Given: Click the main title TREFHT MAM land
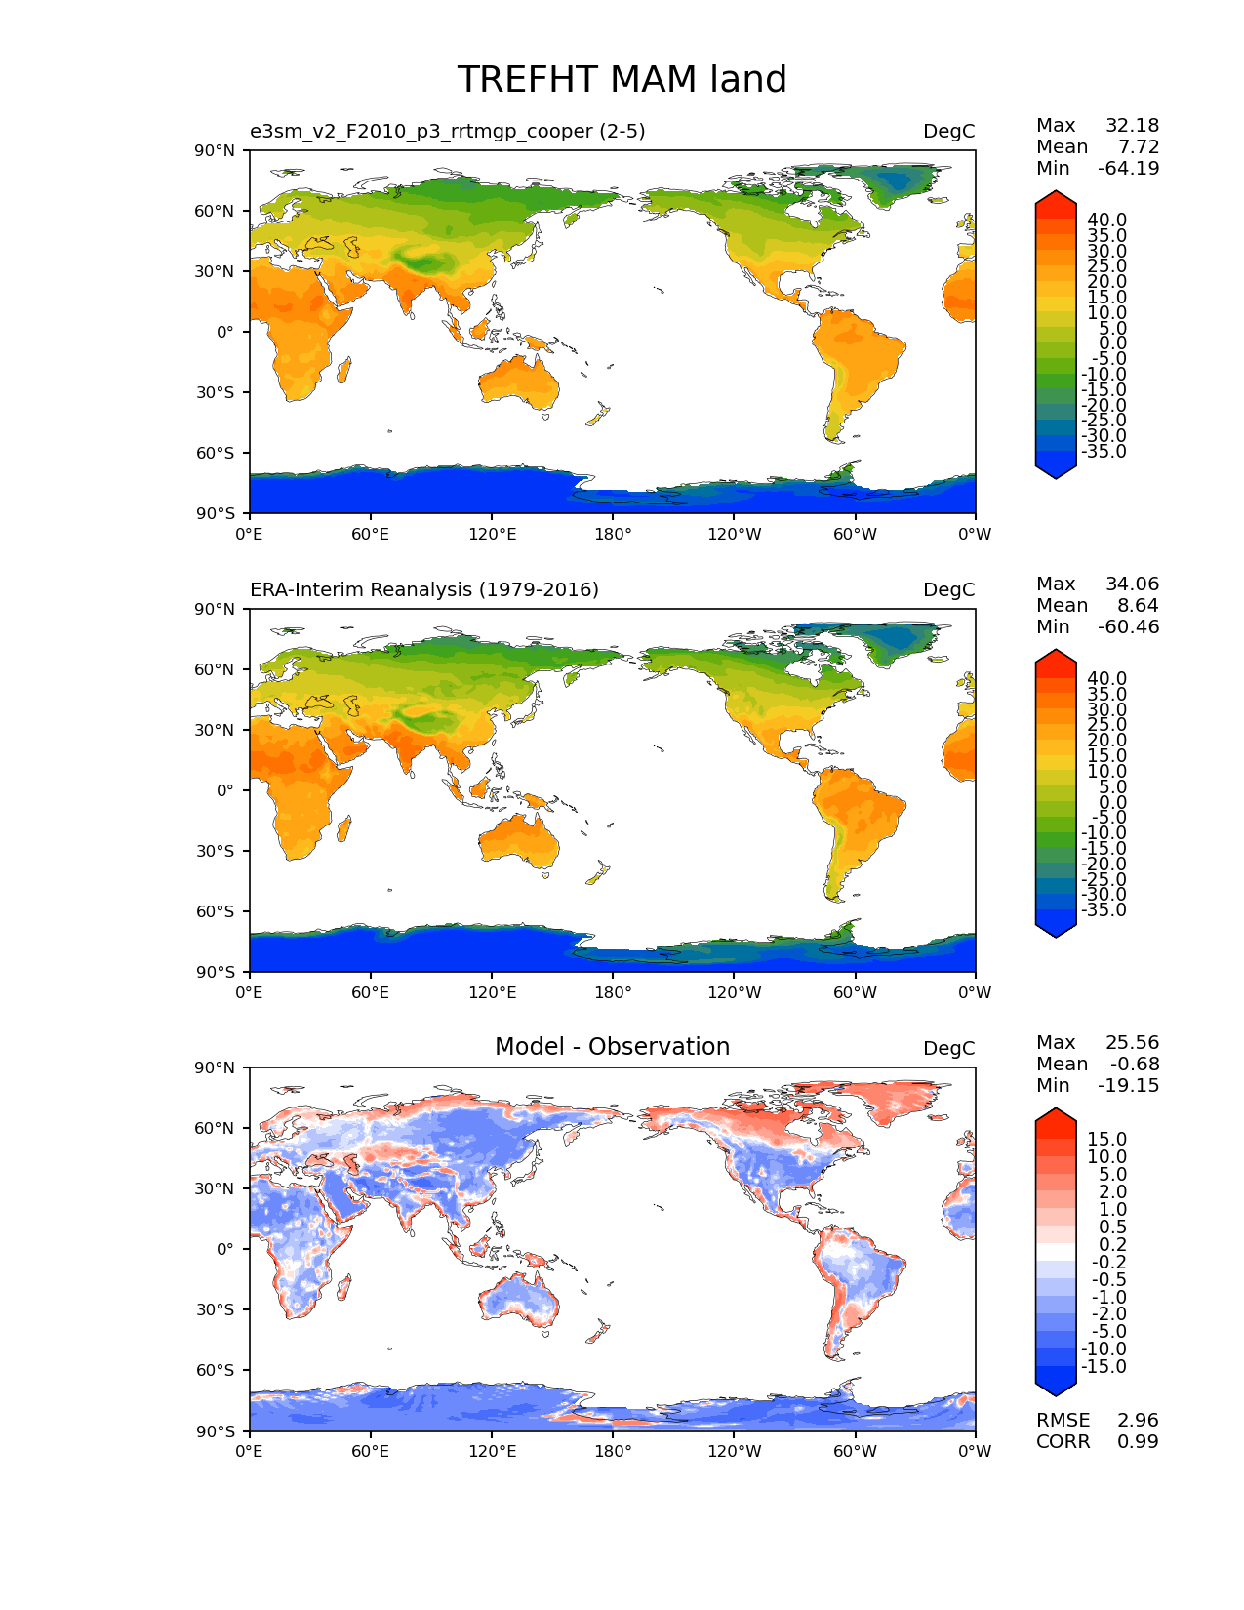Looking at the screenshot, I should pos(622,80).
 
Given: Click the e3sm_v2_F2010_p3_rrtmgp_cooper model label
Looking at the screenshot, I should pos(447,131).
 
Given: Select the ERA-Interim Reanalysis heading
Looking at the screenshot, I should pos(424,589).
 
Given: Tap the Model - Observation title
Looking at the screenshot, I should pos(612,1047).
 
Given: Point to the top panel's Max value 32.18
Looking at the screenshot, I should pos(1132,125).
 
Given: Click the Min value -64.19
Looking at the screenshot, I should pos(1128,168).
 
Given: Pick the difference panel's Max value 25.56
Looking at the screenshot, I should pos(1132,1042).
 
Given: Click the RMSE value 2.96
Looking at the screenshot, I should pos(1138,1420).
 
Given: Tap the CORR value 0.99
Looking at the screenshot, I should pos(1138,1441).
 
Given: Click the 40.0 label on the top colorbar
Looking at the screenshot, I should pos(1106,220).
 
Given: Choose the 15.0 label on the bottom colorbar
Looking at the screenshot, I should pos(1106,1139).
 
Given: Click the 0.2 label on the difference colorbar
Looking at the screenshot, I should pos(1110,1244).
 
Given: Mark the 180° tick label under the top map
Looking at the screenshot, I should pos(613,534).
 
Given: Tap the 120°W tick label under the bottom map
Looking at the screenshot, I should pos(735,1451).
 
